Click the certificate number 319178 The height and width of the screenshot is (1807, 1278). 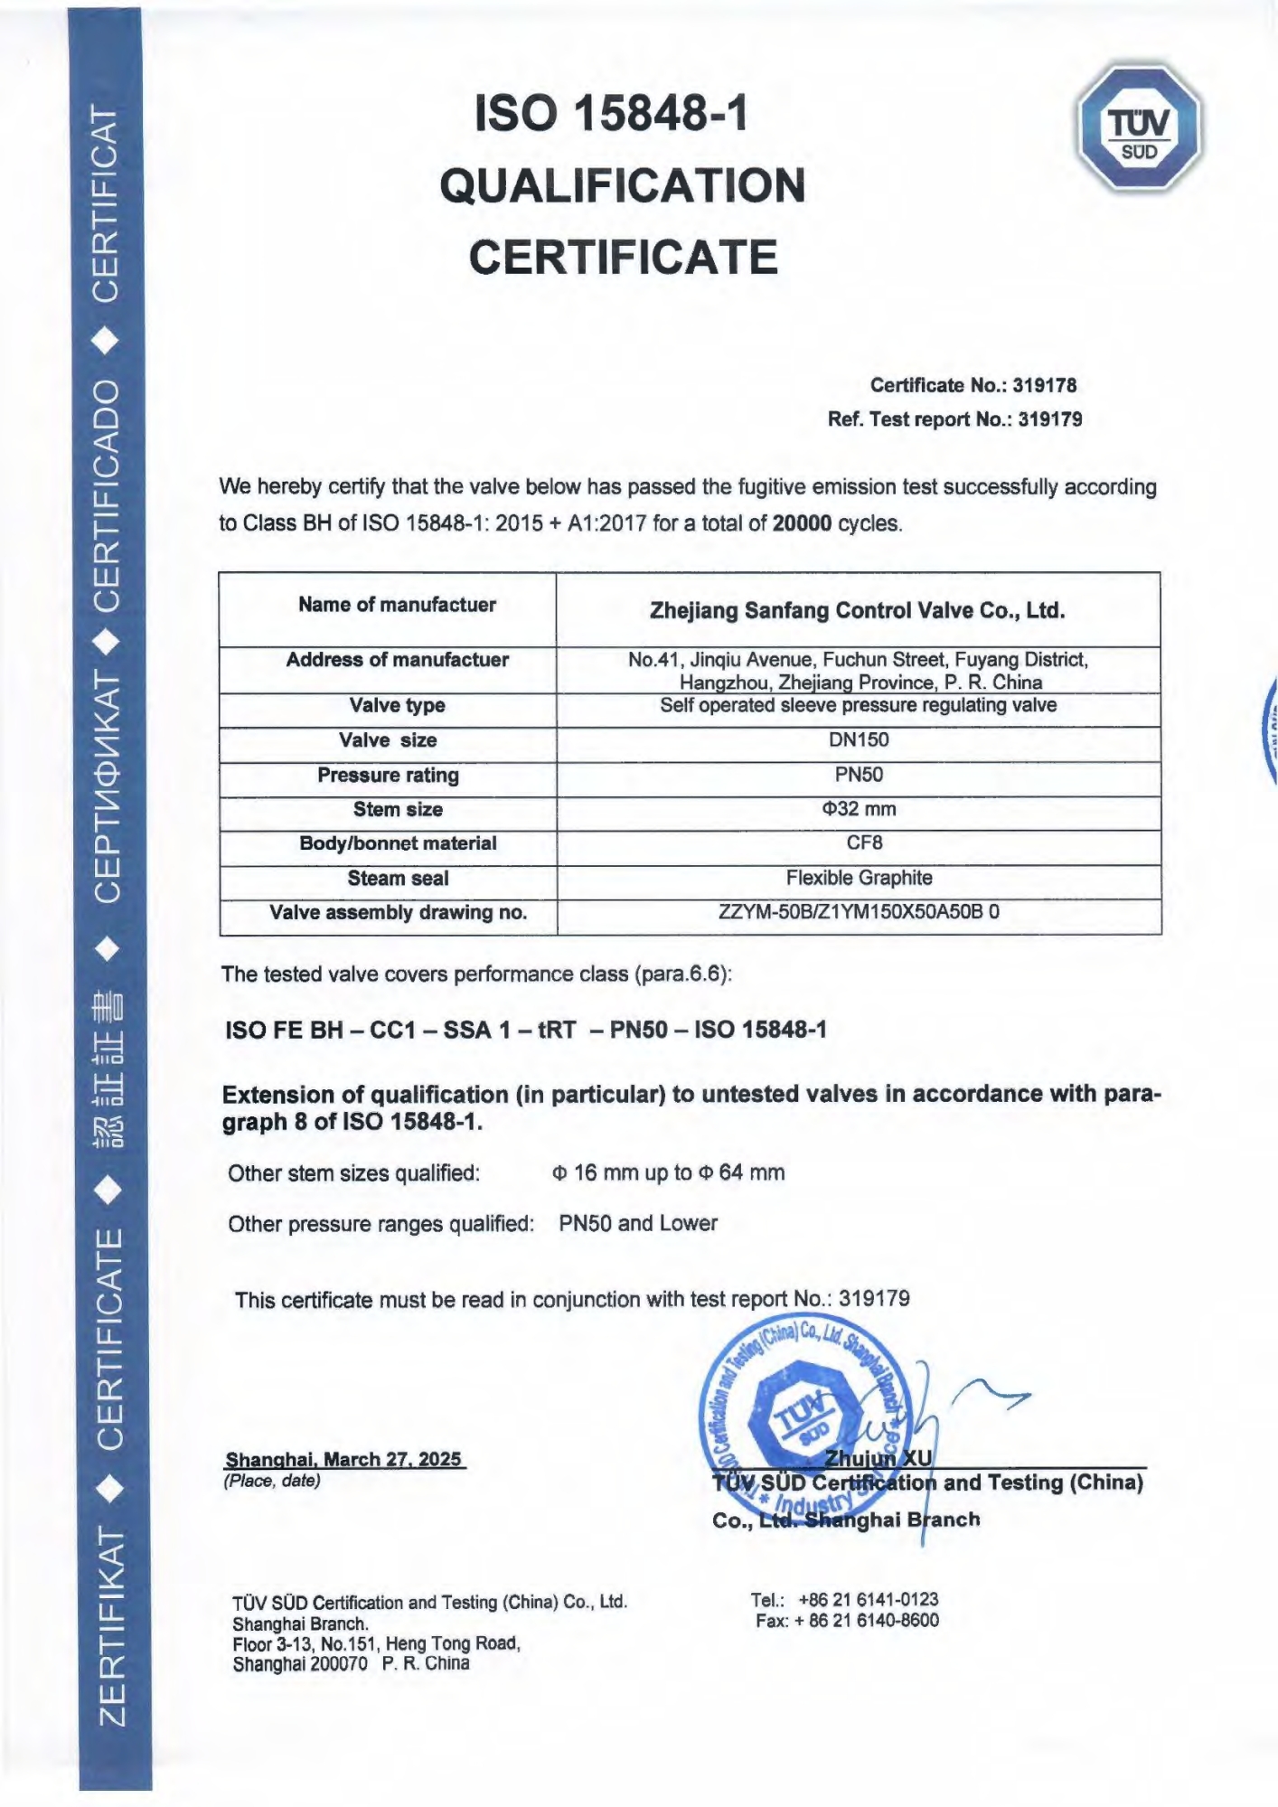click(1044, 385)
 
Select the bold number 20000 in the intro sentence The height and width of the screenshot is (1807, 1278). click(802, 523)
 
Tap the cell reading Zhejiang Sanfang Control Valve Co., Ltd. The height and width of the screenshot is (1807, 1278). click(857, 610)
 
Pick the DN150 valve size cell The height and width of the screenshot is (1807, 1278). click(858, 739)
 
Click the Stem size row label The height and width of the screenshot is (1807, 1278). click(398, 809)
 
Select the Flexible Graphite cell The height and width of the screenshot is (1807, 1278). click(859, 878)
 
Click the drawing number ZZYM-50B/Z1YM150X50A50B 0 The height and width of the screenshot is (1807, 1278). click(858, 911)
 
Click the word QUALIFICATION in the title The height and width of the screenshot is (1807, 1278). click(622, 185)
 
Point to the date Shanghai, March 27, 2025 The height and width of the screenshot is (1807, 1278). click(343, 1459)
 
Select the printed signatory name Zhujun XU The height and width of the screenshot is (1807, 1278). click(878, 1457)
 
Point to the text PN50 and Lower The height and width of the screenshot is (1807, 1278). click(638, 1223)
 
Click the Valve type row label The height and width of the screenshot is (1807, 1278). click(397, 705)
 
